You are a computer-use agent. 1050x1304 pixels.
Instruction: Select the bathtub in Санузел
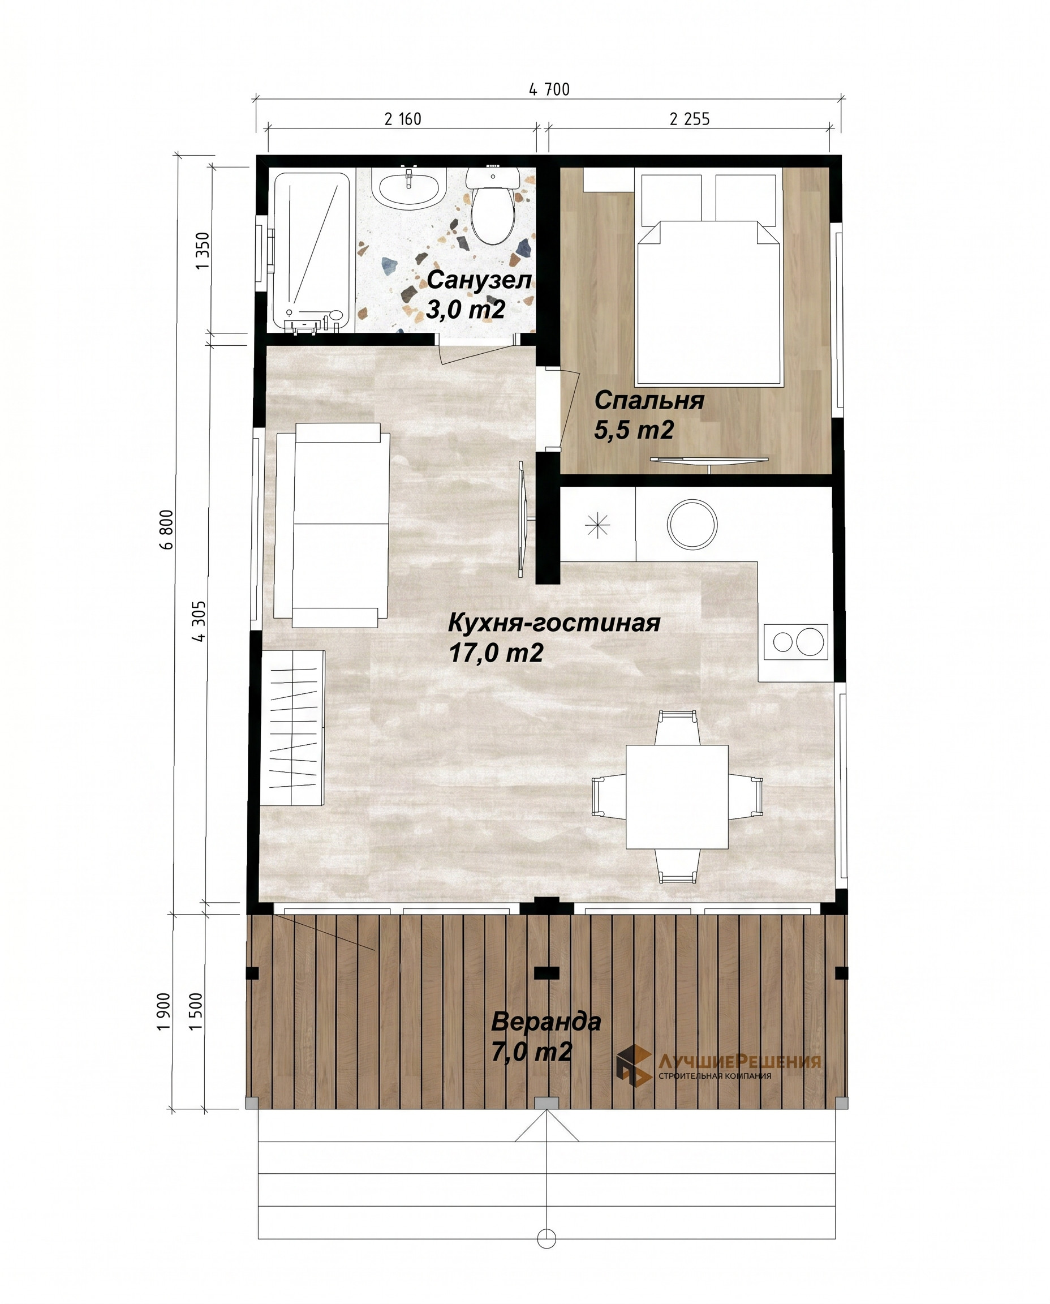(x=312, y=252)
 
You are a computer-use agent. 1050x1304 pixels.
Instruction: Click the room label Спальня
(x=649, y=401)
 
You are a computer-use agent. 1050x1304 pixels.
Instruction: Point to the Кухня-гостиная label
(x=553, y=623)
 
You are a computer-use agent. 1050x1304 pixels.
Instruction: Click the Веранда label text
(x=545, y=1022)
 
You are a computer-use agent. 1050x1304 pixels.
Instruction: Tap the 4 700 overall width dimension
(x=549, y=89)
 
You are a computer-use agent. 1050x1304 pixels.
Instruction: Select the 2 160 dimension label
(x=403, y=119)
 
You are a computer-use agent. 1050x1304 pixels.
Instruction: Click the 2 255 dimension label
(x=690, y=119)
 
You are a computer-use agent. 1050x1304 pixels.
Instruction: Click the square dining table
(x=677, y=797)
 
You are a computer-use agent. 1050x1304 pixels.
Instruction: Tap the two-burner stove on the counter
(x=796, y=641)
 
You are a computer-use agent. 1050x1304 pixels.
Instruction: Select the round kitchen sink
(x=692, y=525)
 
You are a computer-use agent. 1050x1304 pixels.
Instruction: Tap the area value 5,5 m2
(x=634, y=431)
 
